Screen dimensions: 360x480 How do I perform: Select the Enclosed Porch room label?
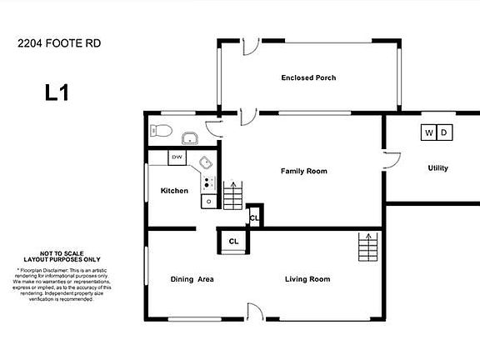pos(307,78)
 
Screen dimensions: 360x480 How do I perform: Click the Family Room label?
pos(303,171)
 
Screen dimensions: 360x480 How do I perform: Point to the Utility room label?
pos(437,168)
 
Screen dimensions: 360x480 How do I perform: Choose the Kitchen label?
pos(174,191)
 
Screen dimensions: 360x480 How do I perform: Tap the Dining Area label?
pos(192,279)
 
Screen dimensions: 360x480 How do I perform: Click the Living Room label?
pos(307,279)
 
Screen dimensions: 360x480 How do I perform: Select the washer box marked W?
pos(428,132)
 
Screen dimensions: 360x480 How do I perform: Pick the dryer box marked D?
pos(443,132)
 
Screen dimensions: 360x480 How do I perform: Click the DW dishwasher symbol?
pos(177,157)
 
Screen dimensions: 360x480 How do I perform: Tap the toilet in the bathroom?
pos(162,132)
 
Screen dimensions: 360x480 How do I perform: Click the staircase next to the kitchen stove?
pos(232,196)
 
